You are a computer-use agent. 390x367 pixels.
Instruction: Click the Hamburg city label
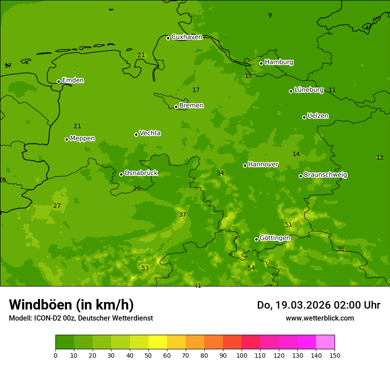click(x=279, y=62)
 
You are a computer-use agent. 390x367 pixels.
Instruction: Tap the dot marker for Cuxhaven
click(x=168, y=38)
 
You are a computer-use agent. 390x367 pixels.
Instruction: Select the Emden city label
click(x=73, y=80)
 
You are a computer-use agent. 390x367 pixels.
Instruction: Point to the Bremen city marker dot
click(x=176, y=107)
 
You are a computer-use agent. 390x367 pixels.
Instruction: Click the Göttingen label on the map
click(x=275, y=238)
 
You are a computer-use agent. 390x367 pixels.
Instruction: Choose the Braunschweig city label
click(x=325, y=175)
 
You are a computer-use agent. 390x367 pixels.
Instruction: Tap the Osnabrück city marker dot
click(x=121, y=174)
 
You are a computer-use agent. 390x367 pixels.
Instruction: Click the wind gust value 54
click(x=251, y=268)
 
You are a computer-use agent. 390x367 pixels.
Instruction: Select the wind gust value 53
click(x=145, y=268)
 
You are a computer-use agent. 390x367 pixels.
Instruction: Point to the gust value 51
click(x=289, y=225)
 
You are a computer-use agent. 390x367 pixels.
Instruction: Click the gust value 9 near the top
click(x=270, y=15)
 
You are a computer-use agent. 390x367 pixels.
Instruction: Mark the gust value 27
click(x=57, y=206)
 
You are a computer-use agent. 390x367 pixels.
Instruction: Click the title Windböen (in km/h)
click(x=71, y=305)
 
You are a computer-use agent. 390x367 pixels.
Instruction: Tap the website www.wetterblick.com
click(x=320, y=318)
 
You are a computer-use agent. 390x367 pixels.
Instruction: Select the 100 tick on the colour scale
click(x=242, y=355)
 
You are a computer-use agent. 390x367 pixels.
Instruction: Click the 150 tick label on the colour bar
click(x=335, y=355)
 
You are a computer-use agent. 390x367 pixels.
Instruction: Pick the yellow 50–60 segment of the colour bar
click(x=158, y=342)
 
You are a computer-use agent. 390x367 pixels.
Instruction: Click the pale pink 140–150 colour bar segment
click(x=325, y=342)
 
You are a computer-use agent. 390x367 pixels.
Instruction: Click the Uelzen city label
click(x=318, y=116)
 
